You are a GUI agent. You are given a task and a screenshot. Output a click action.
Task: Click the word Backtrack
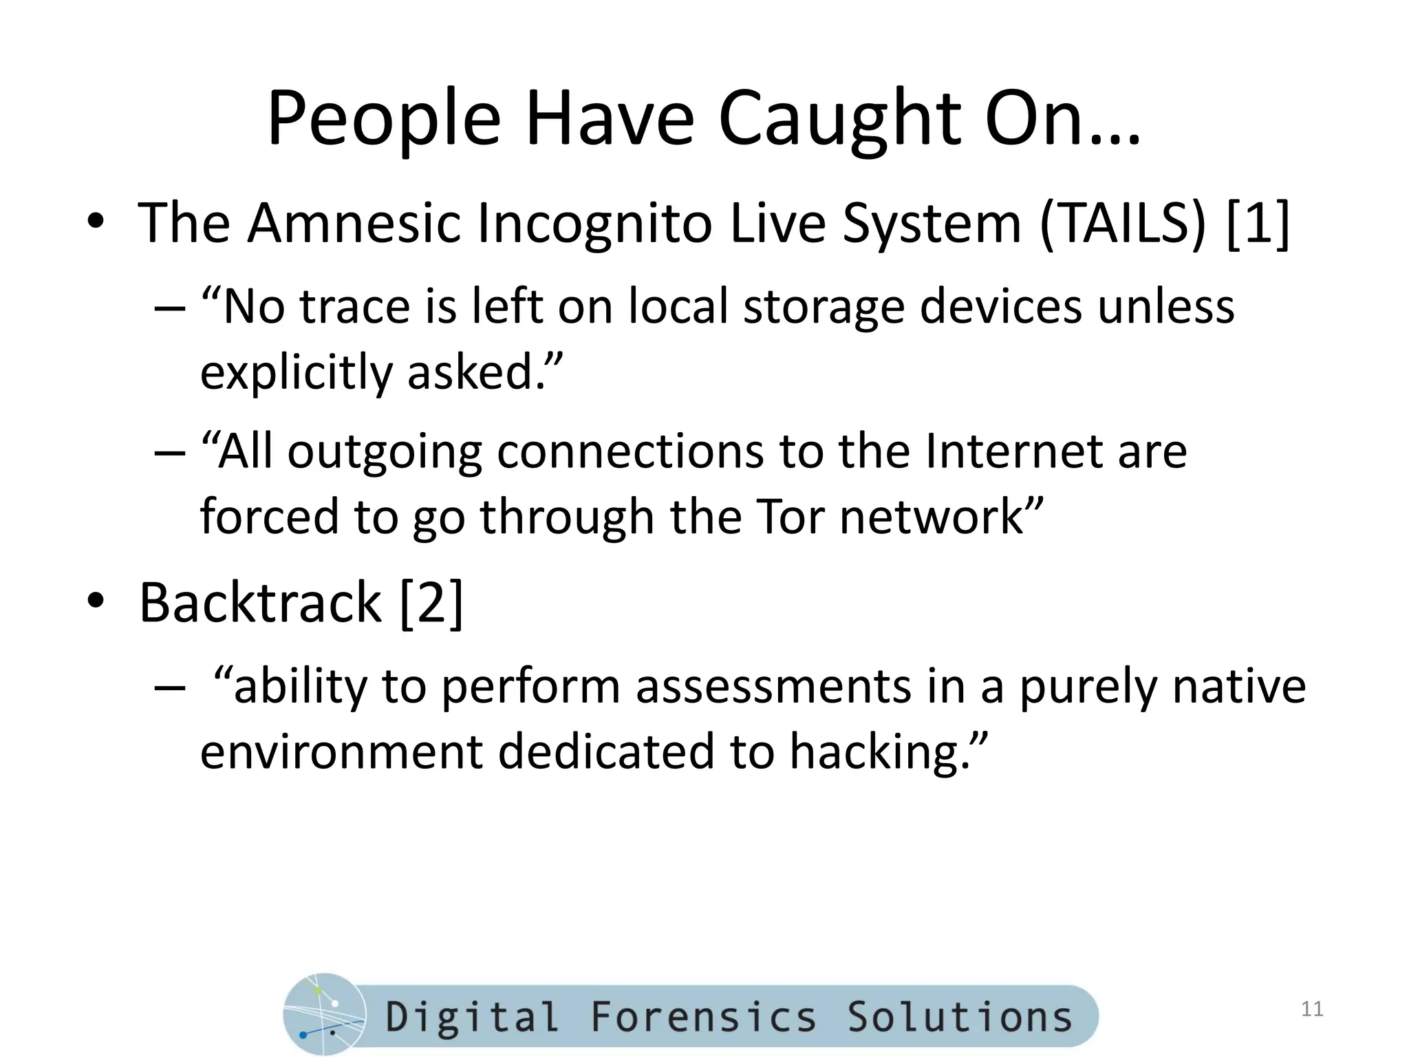pyautogui.click(x=260, y=603)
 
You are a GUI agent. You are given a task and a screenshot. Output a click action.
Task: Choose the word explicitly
pyautogui.click(x=296, y=372)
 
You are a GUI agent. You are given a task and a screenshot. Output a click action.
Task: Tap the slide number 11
pyautogui.click(x=1312, y=1009)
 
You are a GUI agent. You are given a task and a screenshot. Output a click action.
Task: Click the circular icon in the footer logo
pyautogui.click(x=324, y=1014)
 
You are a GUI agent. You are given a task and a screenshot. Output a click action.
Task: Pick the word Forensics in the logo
pyautogui.click(x=703, y=1017)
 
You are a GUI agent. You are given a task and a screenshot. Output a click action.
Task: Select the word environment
pyautogui.click(x=341, y=751)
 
